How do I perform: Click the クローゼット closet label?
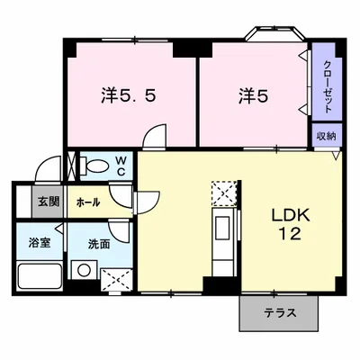328,88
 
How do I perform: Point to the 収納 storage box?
327,135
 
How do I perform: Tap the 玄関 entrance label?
48,202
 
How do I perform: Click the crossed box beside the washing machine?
115,278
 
